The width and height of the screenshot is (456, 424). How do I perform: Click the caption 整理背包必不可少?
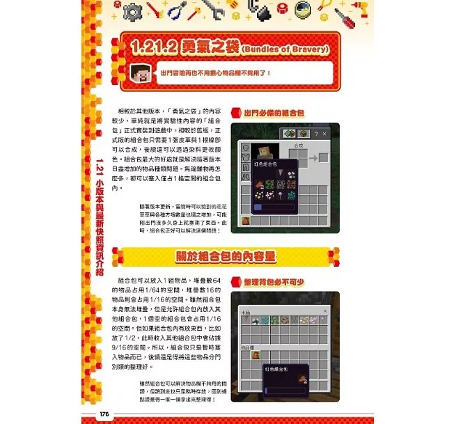[x=274, y=283]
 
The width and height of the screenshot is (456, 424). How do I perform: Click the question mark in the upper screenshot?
[x=315, y=133]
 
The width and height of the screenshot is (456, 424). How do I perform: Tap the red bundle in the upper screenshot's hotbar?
[x=246, y=220]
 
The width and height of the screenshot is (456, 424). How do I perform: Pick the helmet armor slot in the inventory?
[x=246, y=148]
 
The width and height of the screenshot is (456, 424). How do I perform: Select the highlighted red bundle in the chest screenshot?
[x=255, y=354]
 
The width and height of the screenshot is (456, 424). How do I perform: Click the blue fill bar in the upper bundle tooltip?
[x=267, y=207]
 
